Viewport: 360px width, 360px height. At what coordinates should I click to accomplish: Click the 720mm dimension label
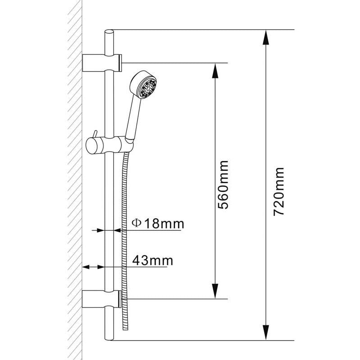(279, 191)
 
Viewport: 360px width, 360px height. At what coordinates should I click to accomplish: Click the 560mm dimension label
(223, 184)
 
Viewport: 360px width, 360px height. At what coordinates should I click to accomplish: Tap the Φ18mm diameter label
(158, 224)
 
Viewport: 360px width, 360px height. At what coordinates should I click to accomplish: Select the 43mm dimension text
(153, 261)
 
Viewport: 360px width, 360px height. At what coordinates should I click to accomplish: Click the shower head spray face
(148, 88)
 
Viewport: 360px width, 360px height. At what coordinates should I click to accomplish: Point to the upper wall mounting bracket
(102, 63)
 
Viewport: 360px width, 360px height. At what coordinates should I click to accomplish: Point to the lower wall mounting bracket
(102, 299)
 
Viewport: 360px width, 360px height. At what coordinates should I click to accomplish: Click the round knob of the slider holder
(91, 145)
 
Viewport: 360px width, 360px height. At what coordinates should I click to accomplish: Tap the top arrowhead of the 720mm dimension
(265, 37)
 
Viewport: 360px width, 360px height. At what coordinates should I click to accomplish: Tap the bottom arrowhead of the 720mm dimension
(265, 332)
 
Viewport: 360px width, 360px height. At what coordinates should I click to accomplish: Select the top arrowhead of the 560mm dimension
(215, 71)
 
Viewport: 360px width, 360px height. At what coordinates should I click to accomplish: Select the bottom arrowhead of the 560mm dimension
(215, 291)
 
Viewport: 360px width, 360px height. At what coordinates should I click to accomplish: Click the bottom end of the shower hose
(126, 328)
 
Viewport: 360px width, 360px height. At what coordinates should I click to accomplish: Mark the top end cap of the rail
(109, 31)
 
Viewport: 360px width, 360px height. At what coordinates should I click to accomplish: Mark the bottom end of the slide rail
(109, 338)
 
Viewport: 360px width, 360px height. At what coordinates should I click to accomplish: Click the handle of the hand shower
(134, 117)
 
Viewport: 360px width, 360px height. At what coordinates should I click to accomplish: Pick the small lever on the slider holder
(95, 134)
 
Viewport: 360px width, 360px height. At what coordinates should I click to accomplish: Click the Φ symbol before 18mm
(136, 223)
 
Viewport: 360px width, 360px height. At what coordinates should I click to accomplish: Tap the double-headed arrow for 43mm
(93, 267)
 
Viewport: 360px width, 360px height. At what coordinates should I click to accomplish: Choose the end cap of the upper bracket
(120, 63)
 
